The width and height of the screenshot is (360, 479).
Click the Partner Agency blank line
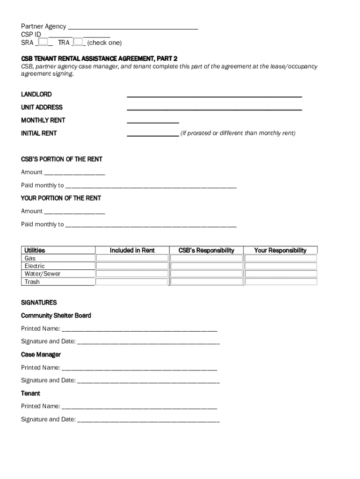pyautogui.click(x=133, y=27)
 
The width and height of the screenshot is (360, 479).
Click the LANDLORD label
pyautogui.click(x=36, y=94)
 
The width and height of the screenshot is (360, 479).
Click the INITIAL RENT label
pyautogui.click(x=39, y=133)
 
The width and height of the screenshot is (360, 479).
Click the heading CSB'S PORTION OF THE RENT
pyautogui.click(x=62, y=160)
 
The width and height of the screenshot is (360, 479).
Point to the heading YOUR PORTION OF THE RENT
pyautogui.click(x=61, y=198)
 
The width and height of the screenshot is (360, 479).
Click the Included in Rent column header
pyautogui.click(x=132, y=250)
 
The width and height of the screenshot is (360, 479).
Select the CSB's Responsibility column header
pyautogui.click(x=206, y=250)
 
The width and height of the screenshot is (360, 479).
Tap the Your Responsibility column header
pyautogui.click(x=280, y=250)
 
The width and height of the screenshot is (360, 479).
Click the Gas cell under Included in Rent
pyautogui.click(x=132, y=258)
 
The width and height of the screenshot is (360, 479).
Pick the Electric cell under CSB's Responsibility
pyautogui.click(x=206, y=266)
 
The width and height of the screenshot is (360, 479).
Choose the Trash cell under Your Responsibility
pyautogui.click(x=281, y=282)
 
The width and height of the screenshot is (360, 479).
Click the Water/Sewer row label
pyautogui.click(x=43, y=274)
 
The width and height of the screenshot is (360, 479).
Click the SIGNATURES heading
pyautogui.click(x=39, y=303)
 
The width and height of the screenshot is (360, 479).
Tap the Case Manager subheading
pyautogui.click(x=41, y=355)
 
